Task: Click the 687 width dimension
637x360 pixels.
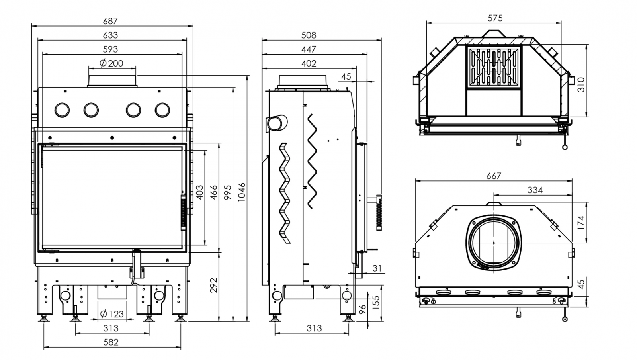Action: [110, 21]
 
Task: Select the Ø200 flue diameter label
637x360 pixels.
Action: [111, 63]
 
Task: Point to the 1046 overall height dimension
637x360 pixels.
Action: [242, 192]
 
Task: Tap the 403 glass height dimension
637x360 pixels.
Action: [200, 192]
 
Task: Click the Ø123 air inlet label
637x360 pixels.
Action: [112, 314]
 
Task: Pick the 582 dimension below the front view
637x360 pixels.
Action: [111, 342]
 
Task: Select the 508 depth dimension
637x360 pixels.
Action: [309, 35]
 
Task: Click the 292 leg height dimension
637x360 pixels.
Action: [213, 285]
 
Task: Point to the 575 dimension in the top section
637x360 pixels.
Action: [495, 18]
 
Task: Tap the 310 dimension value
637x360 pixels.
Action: [581, 84]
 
